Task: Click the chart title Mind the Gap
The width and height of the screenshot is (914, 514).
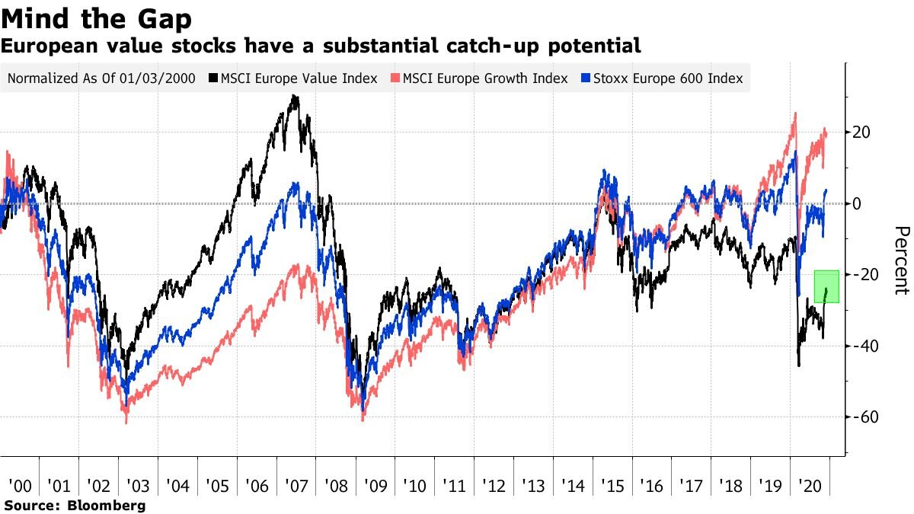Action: pos(97,18)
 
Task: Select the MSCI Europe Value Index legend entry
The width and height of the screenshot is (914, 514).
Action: pos(299,78)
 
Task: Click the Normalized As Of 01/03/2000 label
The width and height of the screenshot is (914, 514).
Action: pos(101,78)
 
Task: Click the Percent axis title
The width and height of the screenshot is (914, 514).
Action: pos(901,260)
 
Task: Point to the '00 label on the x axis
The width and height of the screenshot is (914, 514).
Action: pos(20,487)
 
